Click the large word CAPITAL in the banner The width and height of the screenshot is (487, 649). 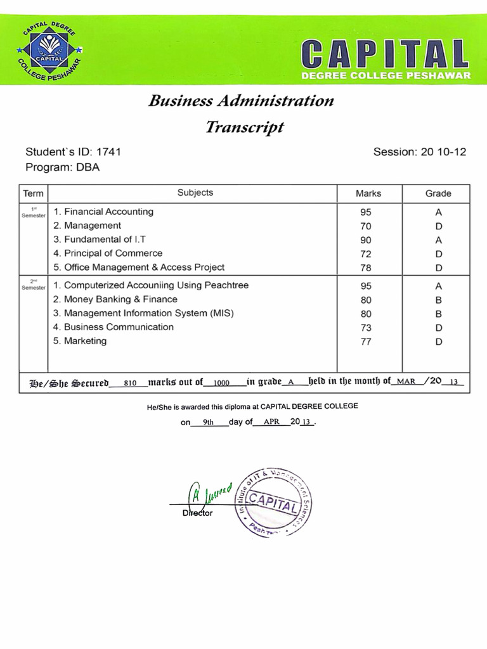pos(386,54)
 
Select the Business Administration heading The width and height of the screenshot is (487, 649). pos(241,101)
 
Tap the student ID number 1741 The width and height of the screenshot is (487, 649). pos(108,152)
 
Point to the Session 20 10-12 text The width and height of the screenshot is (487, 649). pos(419,152)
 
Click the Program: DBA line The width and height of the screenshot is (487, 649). pos(62,167)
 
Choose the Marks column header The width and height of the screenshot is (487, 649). pos(368,193)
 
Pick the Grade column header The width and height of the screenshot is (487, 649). pos(438,193)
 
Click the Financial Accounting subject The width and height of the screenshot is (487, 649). pos(108,212)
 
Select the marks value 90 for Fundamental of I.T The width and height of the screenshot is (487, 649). pos(366,240)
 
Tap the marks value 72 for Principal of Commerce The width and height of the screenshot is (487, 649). pos(366,254)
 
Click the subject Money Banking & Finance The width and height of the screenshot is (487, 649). pos(120,299)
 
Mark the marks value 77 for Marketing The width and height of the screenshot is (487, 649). pos(366,342)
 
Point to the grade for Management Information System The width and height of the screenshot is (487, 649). pos(438,314)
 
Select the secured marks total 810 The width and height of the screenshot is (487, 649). pos(131,383)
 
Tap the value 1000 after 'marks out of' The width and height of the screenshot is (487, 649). pos(221,383)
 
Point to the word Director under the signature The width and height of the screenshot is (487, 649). pos(197,513)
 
